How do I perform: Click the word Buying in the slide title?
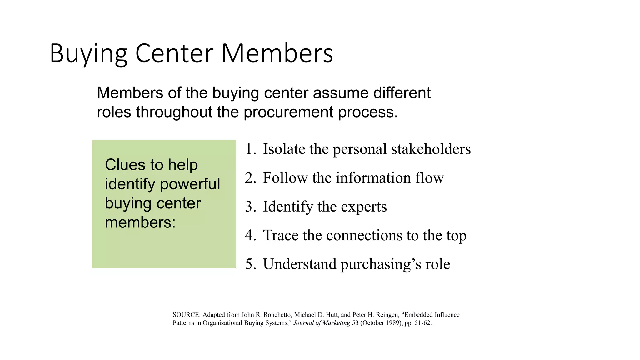pos(88,54)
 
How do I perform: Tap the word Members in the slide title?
pos(277,54)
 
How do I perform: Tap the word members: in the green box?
pos(140,222)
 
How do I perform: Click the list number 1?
pos(250,149)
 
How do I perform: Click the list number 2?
pos(250,178)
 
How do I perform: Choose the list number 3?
pos(250,207)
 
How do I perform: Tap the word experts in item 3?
pos(364,207)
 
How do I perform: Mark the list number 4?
pos(250,235)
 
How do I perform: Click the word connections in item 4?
pos(364,235)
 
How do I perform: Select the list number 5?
pos(250,264)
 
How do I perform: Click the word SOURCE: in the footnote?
pos(186,315)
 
